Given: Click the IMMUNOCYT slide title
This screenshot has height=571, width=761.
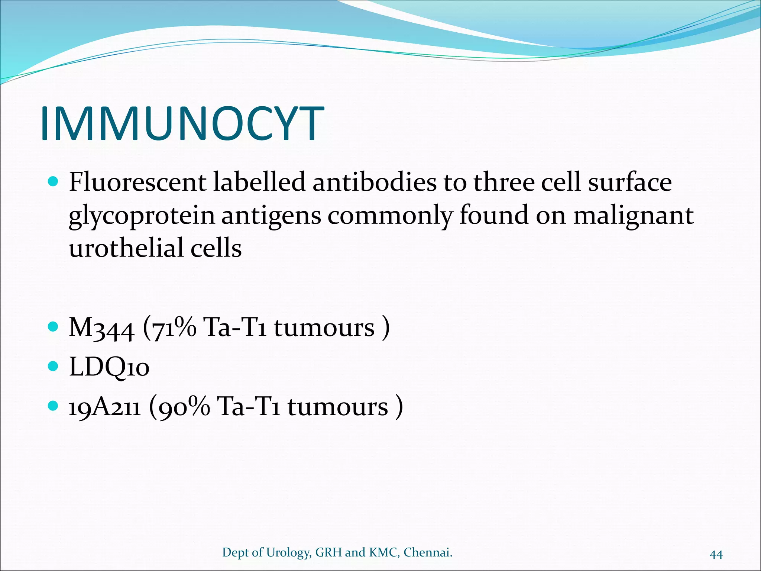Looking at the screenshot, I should pos(182,124).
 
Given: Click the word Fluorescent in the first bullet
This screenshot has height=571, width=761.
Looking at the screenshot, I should pos(137,183).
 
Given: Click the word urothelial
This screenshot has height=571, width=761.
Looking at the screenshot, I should pos(126,248).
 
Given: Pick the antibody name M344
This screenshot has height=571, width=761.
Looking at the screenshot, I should pos(101,328).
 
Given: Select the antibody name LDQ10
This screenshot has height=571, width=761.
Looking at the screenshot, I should pos(109,367).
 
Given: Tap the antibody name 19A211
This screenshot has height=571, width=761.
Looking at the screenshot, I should pos(105,406).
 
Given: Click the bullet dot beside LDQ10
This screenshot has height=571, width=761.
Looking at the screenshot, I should pos(54,367).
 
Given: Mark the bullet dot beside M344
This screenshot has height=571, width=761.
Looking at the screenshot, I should pos(54,327).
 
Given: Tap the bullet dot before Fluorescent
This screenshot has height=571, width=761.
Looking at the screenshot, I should pos(54,182).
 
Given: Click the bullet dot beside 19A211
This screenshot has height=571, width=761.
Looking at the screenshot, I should pos(54,406).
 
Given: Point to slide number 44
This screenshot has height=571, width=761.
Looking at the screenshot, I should pos(716,555).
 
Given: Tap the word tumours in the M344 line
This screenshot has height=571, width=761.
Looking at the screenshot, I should pos(324,328).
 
